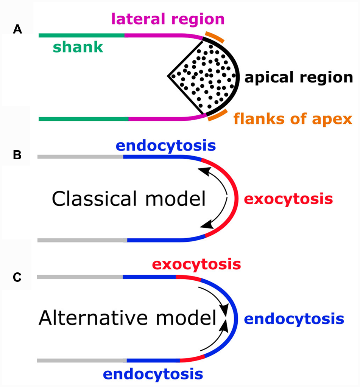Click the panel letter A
(x=17, y=30)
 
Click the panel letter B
(x=17, y=155)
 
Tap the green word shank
(x=78, y=48)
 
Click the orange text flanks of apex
(x=293, y=120)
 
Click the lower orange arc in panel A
(x=217, y=115)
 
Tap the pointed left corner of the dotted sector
(x=168, y=76)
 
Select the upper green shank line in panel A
(x=81, y=35)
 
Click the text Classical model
(x=129, y=199)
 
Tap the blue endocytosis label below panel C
(x=153, y=374)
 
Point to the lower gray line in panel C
(x=81, y=361)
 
